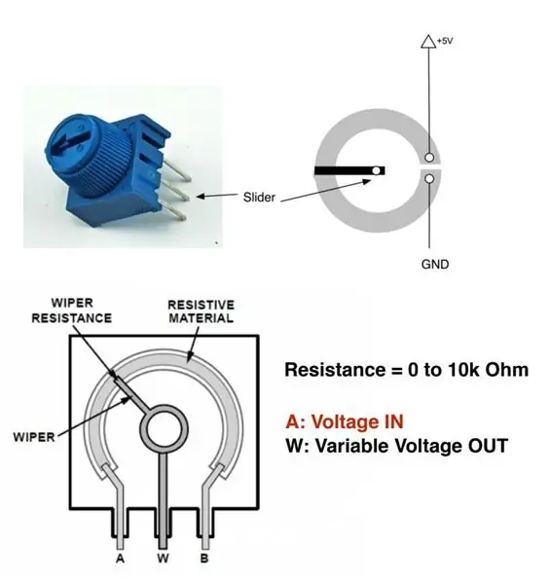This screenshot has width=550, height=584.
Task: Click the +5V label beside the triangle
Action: [445, 41]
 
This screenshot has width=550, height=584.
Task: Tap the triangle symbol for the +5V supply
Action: [428, 41]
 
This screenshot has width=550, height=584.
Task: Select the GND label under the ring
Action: [435, 264]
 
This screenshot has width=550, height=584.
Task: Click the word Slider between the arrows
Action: [259, 197]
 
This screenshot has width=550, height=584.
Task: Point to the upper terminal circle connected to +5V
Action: [429, 158]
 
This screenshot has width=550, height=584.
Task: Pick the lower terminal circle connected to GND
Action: [429, 179]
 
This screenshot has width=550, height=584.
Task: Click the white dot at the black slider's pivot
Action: [377, 171]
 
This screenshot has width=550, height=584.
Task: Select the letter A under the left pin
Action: [120, 559]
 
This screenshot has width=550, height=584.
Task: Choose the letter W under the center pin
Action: [163, 559]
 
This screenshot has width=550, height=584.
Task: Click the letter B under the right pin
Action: [204, 559]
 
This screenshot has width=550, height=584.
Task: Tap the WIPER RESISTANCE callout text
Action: [72, 310]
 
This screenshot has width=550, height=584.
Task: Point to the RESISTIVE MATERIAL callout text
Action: [202, 311]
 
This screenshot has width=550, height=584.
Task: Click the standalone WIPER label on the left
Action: [34, 437]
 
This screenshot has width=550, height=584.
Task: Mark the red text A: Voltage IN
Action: [345, 422]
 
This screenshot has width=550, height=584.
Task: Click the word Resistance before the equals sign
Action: [335, 370]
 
